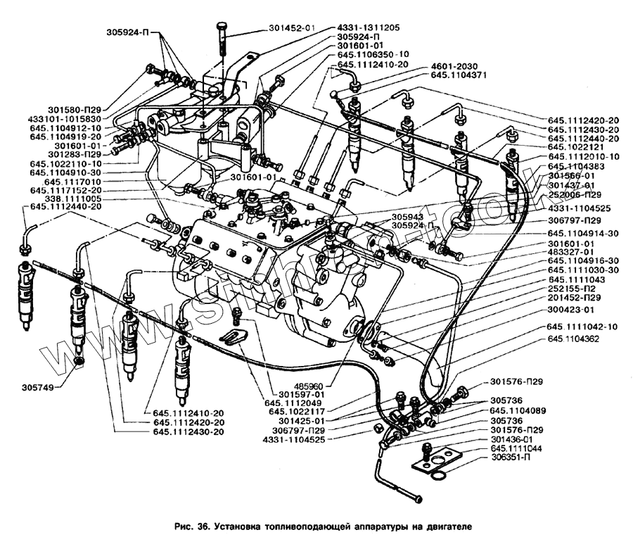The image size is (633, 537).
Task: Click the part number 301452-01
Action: click(291, 28)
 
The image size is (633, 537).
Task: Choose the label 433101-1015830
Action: click(65, 119)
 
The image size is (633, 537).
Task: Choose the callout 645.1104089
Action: click(520, 410)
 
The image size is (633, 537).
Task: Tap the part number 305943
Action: click(388, 217)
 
